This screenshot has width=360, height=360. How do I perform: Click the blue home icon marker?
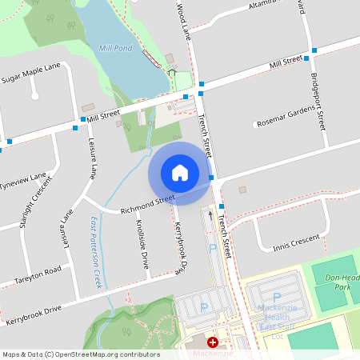[180, 173]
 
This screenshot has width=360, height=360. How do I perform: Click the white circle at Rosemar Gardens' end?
[256, 124]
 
